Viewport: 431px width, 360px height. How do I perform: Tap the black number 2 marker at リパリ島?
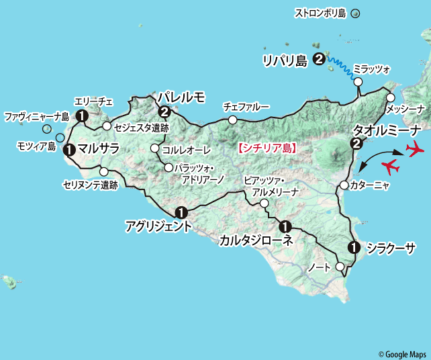319,60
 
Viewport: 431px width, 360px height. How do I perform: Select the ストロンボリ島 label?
320,13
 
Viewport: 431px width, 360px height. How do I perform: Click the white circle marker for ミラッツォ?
358,82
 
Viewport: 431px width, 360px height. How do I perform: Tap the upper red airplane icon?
416,148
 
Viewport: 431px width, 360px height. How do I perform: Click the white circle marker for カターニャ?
344,185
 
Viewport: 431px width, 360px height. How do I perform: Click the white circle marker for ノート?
340,267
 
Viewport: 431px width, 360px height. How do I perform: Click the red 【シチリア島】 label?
267,146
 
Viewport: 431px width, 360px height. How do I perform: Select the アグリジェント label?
158,227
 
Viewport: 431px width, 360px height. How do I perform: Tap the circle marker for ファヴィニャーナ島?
47,129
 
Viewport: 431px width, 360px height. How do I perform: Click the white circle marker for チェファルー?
232,120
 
